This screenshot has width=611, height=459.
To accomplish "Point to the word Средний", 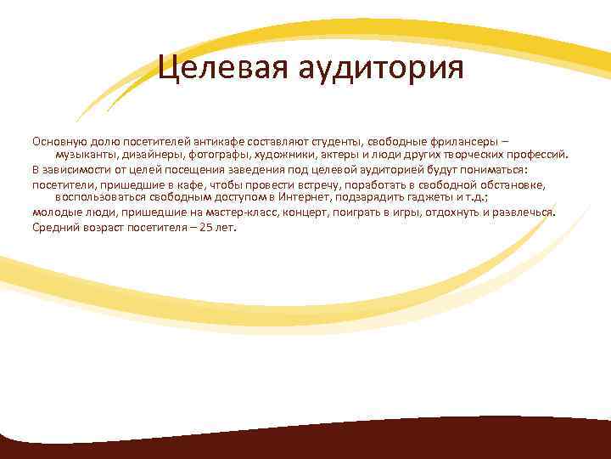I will click(x=53, y=227).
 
